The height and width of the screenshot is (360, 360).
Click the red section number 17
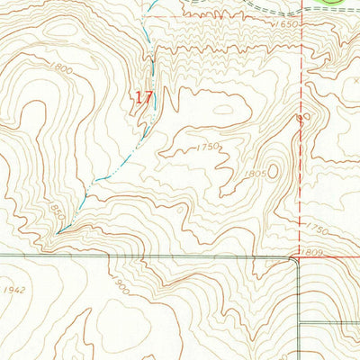click(142, 97)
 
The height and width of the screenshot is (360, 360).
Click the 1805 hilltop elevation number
click(254, 173)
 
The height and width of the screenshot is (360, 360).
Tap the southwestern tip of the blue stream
click(57, 232)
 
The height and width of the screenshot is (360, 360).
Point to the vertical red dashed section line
click(300, 135)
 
